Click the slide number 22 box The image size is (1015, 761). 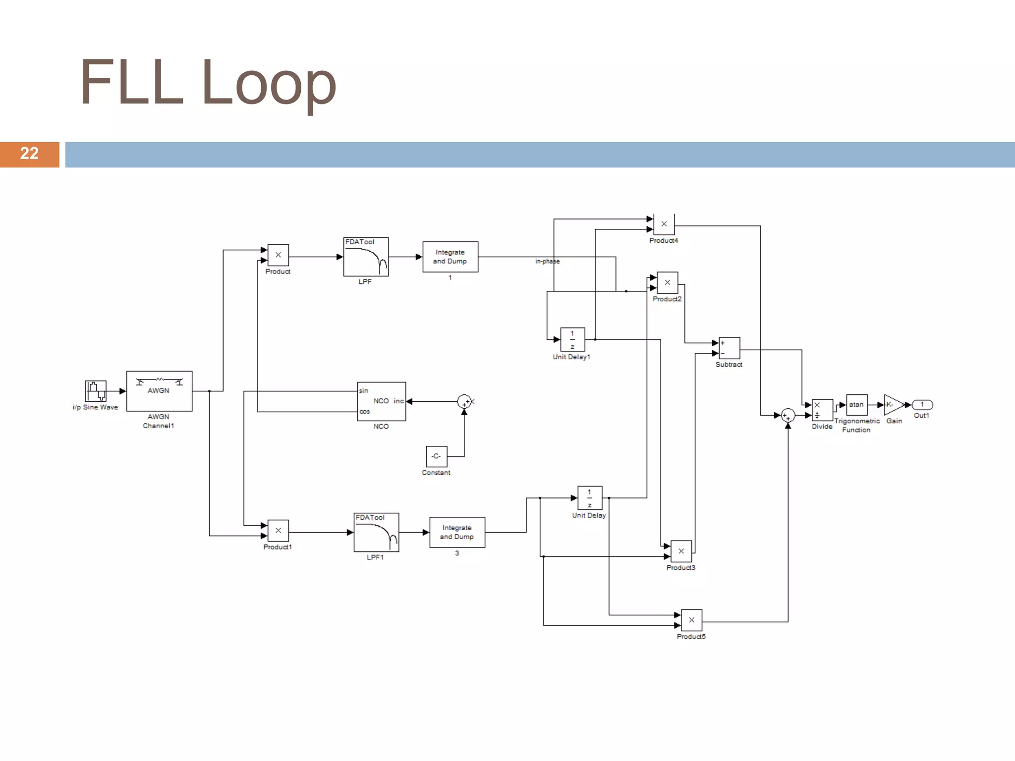click(x=29, y=154)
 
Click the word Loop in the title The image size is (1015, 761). click(x=268, y=82)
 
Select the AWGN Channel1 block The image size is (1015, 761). click(x=159, y=391)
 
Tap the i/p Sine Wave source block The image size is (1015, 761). click(x=96, y=391)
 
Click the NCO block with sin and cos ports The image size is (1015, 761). click(x=381, y=401)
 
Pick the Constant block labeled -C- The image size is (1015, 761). click(x=436, y=456)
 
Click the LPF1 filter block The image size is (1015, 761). click(x=376, y=532)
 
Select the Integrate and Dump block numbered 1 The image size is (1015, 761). click(x=450, y=257)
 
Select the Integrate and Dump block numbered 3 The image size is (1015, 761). click(x=457, y=532)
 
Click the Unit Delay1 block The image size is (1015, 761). click(x=572, y=339)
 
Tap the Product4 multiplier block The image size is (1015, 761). click(x=664, y=224)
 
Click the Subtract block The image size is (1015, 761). click(x=729, y=348)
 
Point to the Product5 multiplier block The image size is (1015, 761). click(x=691, y=620)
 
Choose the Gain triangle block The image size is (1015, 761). click(x=892, y=405)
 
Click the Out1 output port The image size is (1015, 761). click(x=922, y=405)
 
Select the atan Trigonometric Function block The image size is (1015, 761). click(x=856, y=405)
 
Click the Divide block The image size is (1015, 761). click(x=822, y=410)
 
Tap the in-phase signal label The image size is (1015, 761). click(x=547, y=261)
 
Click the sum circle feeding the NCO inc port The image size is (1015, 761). click(x=464, y=401)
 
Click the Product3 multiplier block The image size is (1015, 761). click(x=681, y=551)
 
